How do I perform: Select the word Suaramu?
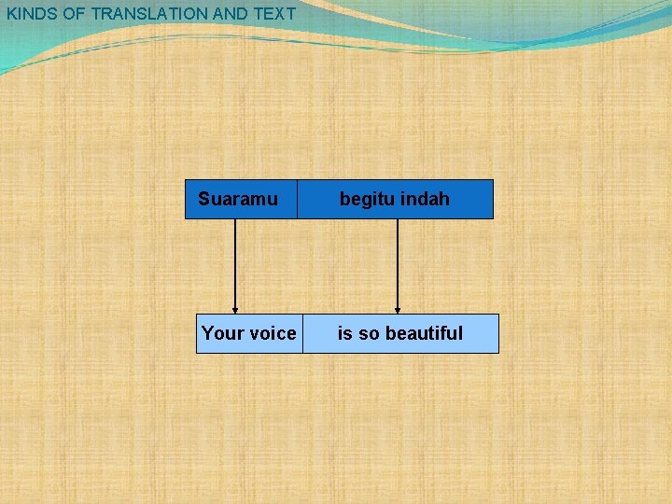click(238, 199)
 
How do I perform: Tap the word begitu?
click(367, 199)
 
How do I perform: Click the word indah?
click(425, 199)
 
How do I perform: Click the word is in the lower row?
click(344, 333)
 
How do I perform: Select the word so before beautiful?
click(369, 333)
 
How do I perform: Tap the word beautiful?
click(424, 333)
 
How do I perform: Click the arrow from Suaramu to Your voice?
click(235, 266)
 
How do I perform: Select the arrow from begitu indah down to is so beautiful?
click(398, 266)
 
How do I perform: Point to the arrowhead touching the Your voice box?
click(235, 310)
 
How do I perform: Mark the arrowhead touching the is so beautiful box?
click(398, 310)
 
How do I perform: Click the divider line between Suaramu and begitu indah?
click(297, 199)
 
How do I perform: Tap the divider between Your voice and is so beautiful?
click(302, 333)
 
